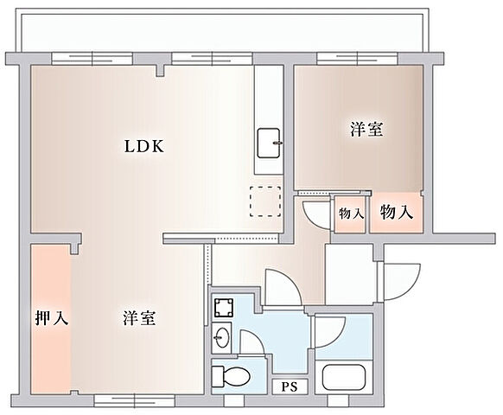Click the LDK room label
(142, 146)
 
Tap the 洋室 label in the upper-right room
(367, 130)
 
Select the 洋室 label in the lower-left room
(138, 317)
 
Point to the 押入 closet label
(51, 317)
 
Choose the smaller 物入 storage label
(350, 214)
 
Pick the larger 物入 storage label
(397, 212)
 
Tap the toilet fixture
(232, 376)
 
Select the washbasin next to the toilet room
(224, 337)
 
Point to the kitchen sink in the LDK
(271, 141)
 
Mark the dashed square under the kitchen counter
(266, 201)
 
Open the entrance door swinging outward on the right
(401, 279)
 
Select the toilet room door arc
(251, 346)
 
